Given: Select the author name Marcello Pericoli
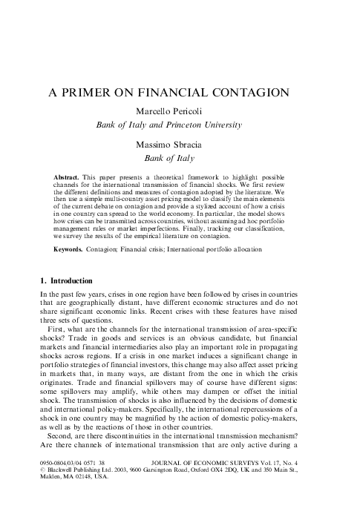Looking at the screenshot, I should click(x=179, y=111).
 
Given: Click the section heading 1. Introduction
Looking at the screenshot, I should click(x=66, y=281).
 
